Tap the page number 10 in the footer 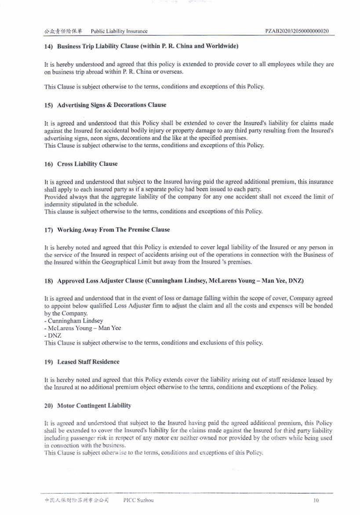click(x=316, y=500)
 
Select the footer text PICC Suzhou click(x=139, y=500)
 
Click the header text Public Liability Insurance click(x=119, y=31)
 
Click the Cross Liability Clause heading click(x=81, y=164)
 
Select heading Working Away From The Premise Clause click(x=107, y=230)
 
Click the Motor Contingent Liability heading click(x=88, y=406)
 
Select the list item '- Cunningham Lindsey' click(x=74, y=321)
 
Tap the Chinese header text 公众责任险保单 click(x=63, y=31)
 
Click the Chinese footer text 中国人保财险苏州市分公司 click(x=76, y=500)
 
